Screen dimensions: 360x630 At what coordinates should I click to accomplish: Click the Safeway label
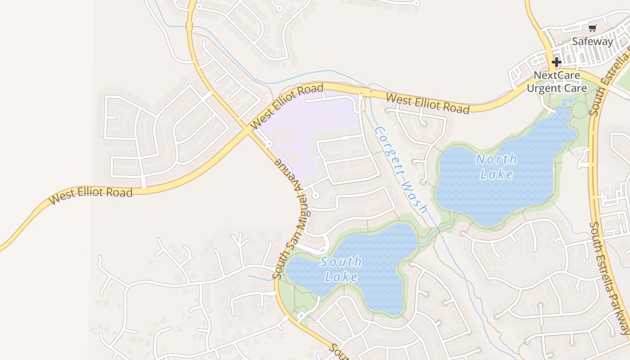592,41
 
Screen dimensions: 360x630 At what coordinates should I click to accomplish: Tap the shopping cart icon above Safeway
592,28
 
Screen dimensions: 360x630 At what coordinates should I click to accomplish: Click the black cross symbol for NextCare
557,62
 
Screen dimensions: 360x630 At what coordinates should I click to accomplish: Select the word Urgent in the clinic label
542,88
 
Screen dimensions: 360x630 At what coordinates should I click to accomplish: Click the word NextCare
557,75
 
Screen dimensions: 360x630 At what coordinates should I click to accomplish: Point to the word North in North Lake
496,159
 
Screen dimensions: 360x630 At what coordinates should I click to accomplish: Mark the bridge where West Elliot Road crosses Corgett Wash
365,93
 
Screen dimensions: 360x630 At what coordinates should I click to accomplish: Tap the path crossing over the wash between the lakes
439,230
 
